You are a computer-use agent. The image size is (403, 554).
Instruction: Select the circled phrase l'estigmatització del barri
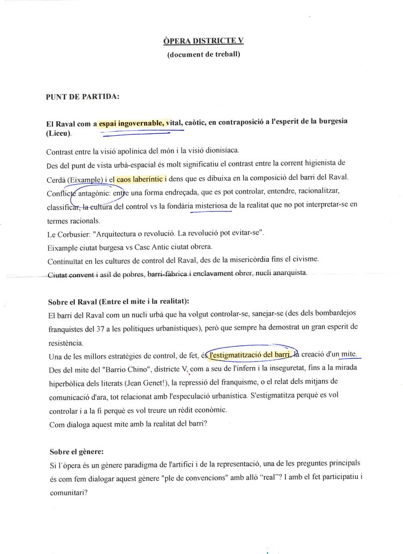250,355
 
